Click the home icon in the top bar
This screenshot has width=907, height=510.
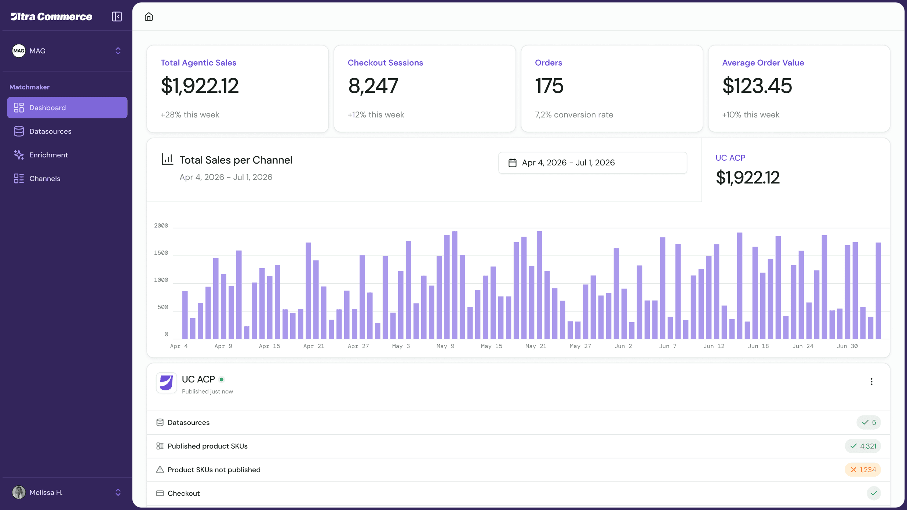[x=149, y=17]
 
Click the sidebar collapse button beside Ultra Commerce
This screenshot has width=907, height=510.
[x=117, y=17]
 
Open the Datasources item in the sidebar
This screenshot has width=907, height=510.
[x=50, y=131]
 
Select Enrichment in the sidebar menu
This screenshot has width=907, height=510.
[x=48, y=155]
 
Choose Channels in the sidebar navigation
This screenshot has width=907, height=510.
[x=45, y=179]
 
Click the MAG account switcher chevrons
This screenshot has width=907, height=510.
[x=118, y=51]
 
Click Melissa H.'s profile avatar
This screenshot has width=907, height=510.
[x=19, y=492]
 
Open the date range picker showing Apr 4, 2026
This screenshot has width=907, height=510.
[x=592, y=163]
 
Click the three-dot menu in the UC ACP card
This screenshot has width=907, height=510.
[x=871, y=382]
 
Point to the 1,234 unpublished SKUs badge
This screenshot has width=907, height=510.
[x=863, y=470]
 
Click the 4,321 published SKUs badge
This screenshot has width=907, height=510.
[x=863, y=446]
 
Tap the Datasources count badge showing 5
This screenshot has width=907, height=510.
[x=868, y=422]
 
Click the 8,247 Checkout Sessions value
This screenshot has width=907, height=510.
[x=373, y=86]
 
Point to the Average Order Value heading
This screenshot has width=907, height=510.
[x=763, y=63]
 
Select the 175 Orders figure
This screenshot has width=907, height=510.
[x=549, y=86]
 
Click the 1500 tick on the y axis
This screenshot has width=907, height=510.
[x=161, y=253]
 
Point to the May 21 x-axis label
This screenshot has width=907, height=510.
[x=536, y=346]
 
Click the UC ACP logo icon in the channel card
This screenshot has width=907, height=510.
[x=166, y=382]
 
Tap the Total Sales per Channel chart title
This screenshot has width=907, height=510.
[x=236, y=160]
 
